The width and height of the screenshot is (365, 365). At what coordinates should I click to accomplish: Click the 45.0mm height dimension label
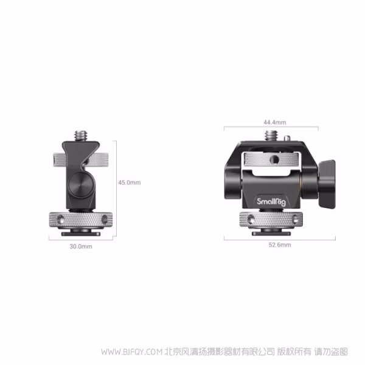tap(129, 182)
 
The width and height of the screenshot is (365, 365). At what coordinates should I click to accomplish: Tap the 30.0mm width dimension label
tap(81, 246)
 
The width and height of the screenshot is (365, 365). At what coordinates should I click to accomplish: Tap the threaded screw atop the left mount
tap(81, 133)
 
